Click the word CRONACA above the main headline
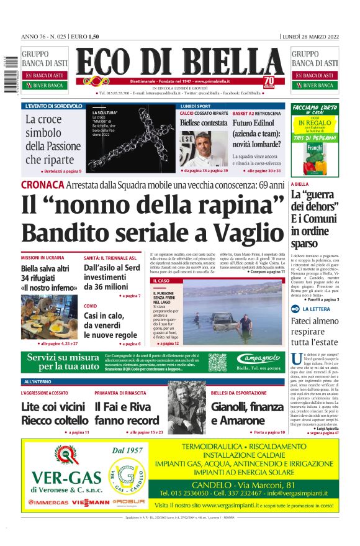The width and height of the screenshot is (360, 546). (x=43, y=184)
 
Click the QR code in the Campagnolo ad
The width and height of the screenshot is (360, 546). (x=217, y=362)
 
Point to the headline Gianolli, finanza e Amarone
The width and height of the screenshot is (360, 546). (x=247, y=414)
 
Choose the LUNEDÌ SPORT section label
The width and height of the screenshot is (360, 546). (x=196, y=107)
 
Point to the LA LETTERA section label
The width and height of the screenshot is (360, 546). (x=317, y=309)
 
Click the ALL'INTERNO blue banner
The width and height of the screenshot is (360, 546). (x=38, y=381)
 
